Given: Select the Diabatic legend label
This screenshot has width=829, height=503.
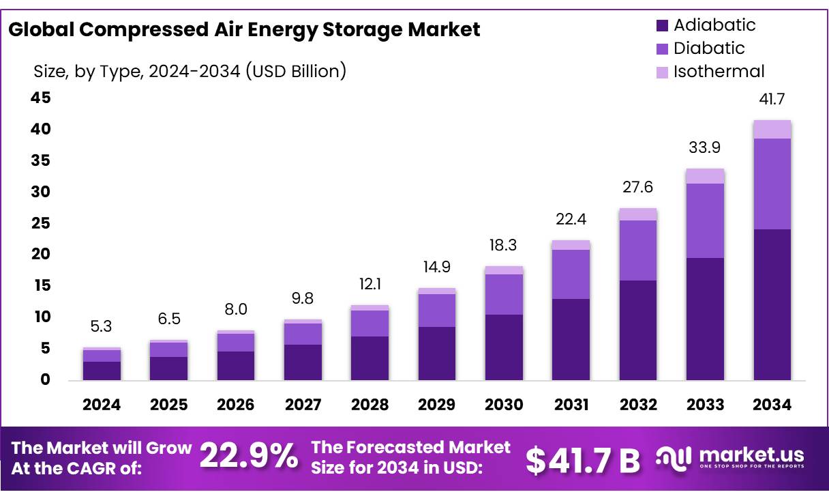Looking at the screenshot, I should (709, 48).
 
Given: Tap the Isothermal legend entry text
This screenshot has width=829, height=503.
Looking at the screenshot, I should (719, 72).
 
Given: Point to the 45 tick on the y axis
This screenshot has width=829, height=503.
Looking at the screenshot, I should (41, 98).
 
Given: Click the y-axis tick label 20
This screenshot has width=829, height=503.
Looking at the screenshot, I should (41, 255).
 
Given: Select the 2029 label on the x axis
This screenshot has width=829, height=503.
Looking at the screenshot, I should (436, 405).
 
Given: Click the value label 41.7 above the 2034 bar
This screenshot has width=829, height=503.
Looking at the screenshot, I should (772, 100).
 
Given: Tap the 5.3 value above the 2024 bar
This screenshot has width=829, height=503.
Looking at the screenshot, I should (101, 327).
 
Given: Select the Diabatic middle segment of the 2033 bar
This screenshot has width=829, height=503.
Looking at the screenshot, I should (705, 220).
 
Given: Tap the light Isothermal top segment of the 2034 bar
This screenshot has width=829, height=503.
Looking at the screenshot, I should (772, 129).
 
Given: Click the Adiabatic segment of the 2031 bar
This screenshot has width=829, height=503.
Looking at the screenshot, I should (571, 339).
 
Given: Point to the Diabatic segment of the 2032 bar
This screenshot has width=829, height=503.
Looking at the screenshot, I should (637, 250).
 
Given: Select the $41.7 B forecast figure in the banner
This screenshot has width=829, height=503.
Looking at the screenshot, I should (583, 460).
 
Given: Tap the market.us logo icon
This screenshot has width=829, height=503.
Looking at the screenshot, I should (674, 457).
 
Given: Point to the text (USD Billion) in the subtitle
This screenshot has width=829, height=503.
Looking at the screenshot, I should (297, 71).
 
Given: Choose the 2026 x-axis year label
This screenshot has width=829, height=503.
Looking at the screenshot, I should (235, 405).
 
